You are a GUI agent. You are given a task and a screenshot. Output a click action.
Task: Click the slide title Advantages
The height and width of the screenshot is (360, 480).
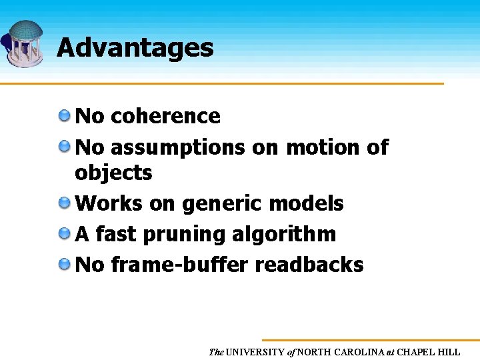click(x=135, y=48)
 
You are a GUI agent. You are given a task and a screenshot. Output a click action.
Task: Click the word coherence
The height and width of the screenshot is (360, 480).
click(x=165, y=116)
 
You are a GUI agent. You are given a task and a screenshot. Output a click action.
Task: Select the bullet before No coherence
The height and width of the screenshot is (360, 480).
click(x=65, y=115)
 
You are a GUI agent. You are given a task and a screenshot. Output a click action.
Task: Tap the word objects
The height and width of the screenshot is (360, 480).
click(x=113, y=173)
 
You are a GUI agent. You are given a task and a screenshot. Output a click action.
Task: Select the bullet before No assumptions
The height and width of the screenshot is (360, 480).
click(x=65, y=146)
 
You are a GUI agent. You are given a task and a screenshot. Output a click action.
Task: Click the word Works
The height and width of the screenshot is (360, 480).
click(x=109, y=203)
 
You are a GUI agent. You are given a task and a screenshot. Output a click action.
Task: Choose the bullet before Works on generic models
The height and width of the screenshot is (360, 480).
click(x=65, y=203)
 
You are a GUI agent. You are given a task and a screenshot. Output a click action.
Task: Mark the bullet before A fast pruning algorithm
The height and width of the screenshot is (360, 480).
click(x=65, y=233)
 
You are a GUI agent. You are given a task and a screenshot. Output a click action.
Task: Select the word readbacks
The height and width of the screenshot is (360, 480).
click(x=309, y=265)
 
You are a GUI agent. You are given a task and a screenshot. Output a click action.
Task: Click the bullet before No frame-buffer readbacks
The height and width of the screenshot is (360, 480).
click(x=65, y=264)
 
